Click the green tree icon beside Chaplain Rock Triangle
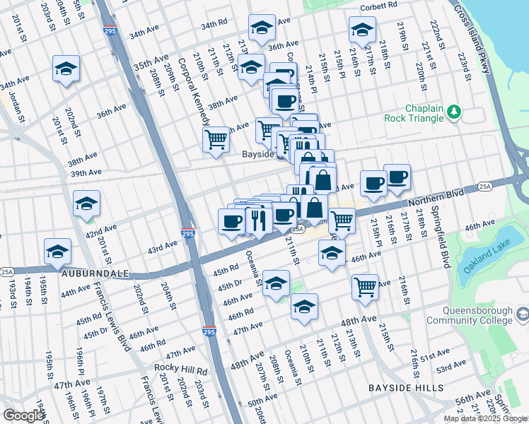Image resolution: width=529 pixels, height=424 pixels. point(454,112)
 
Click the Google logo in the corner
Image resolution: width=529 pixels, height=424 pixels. point(23,416)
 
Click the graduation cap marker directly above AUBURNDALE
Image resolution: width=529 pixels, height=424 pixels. point(58,250)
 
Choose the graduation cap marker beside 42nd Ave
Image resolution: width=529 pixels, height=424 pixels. point(87,204)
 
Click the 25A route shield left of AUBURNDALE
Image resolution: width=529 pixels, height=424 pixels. point(6,271)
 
